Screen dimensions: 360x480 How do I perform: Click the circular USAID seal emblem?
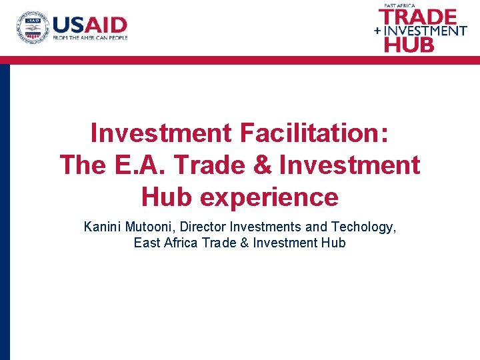[33, 27]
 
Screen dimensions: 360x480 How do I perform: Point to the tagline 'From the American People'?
[90, 38]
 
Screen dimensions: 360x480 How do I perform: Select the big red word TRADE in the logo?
[417, 17]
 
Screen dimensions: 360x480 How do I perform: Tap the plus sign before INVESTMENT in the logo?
[378, 31]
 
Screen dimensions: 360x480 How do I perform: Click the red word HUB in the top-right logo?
[409, 45]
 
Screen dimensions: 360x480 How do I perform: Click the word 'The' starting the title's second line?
[81, 165]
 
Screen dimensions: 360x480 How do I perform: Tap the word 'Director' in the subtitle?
[199, 227]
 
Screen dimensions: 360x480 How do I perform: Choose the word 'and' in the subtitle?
[316, 227]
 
